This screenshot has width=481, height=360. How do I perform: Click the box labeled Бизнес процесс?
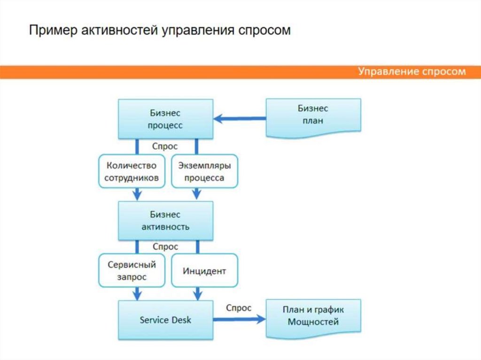[x=165, y=119]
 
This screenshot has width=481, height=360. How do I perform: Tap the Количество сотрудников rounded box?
[x=131, y=172]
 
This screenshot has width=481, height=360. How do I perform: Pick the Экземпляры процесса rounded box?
[x=204, y=172]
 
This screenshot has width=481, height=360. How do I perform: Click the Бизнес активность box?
[x=165, y=221]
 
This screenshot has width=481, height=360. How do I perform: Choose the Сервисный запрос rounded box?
[x=131, y=271]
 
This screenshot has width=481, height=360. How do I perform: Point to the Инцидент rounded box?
[x=204, y=271]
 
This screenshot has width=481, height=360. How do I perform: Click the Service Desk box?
[x=165, y=320]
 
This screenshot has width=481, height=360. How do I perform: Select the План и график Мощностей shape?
[x=313, y=316]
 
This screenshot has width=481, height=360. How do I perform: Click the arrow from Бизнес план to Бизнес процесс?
[x=240, y=119]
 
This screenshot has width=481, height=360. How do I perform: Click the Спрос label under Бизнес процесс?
[x=165, y=146]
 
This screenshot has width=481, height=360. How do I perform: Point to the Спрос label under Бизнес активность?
[x=165, y=246]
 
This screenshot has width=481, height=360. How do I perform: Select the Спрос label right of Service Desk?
[x=239, y=308]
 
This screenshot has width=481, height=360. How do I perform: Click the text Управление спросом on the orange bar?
[x=412, y=72]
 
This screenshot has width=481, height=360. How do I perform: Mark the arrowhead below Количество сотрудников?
[x=137, y=193]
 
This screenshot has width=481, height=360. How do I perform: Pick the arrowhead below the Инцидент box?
[x=197, y=294]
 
